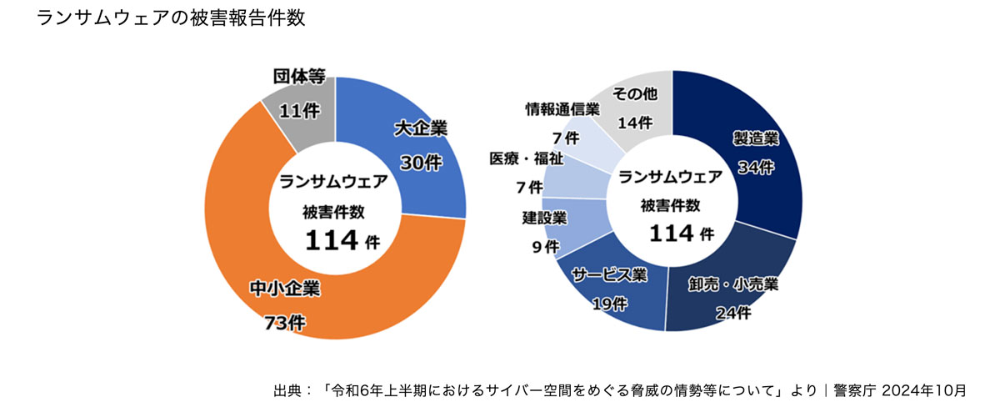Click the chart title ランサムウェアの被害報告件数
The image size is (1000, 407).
coord(171,18)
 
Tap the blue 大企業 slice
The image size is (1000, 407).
coord(417,175)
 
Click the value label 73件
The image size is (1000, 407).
coord(283,322)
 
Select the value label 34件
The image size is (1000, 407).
coord(756,168)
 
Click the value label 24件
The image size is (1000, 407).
coord(733,314)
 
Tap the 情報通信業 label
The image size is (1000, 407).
coord(562,108)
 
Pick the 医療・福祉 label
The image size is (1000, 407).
coord(526,158)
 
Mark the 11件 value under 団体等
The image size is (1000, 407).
coord(298,111)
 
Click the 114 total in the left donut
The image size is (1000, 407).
coord(331,240)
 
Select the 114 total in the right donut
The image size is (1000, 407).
coord(672,233)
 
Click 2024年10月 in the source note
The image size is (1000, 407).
coord(924,389)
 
